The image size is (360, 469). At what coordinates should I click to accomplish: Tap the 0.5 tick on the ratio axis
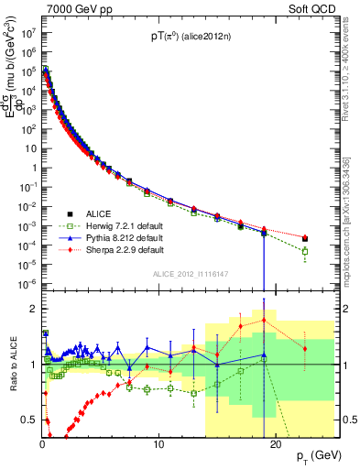coord(31,420)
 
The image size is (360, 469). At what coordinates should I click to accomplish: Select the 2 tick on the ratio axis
coord(35,308)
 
